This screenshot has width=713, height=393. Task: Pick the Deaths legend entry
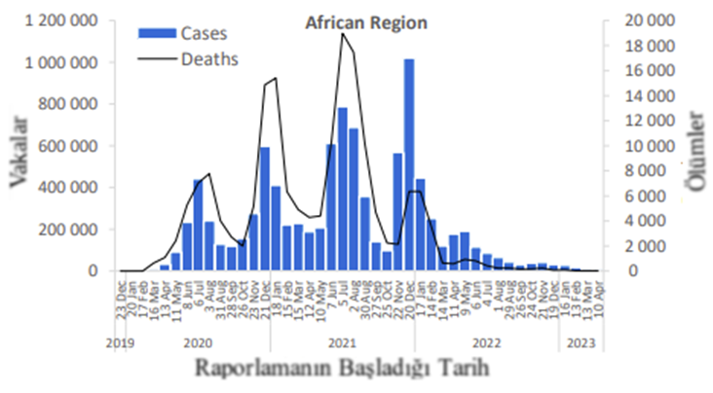(x=208, y=58)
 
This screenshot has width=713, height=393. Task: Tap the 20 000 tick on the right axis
(x=645, y=21)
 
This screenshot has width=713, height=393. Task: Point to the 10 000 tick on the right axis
(x=645, y=146)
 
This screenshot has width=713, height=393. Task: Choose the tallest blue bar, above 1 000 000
(x=409, y=165)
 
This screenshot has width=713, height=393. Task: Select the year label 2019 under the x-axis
(x=120, y=342)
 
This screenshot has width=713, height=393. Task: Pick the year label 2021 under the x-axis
(x=341, y=342)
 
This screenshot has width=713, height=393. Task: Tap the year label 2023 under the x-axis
(x=582, y=342)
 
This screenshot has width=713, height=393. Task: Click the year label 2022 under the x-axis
(x=485, y=342)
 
